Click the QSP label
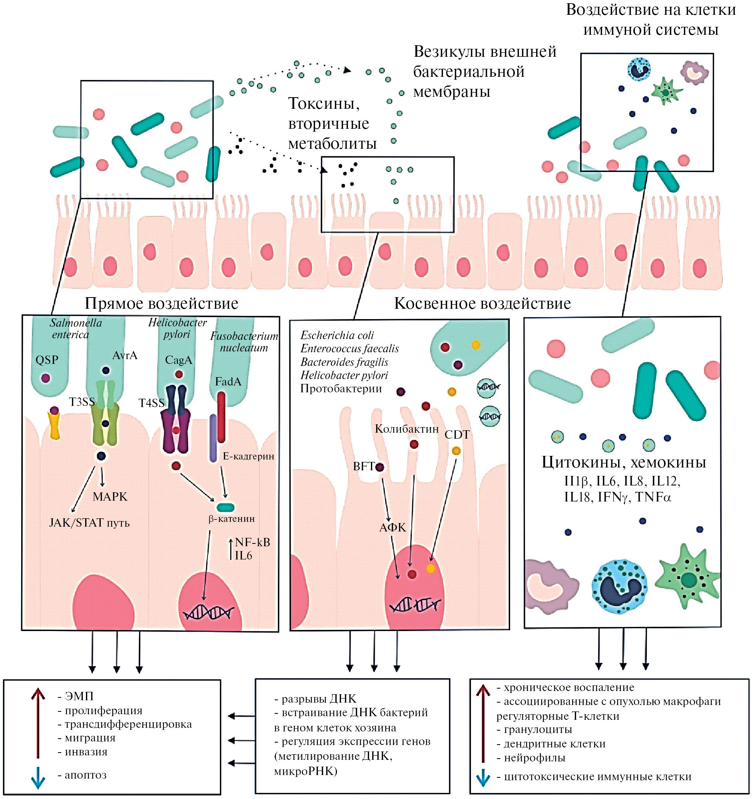click(x=47, y=360)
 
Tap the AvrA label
click(x=125, y=356)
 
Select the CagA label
click(x=178, y=360)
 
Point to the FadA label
click(x=228, y=382)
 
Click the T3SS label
click(x=82, y=402)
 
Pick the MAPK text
click(x=110, y=497)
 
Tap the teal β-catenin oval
click(x=225, y=507)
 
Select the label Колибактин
click(x=406, y=429)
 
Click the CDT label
click(x=457, y=435)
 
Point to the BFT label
click(x=364, y=466)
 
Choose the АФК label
click(x=393, y=528)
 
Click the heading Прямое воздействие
click(x=161, y=304)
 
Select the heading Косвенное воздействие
click(x=482, y=304)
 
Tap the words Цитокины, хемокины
click(x=623, y=462)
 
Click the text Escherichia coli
click(x=337, y=336)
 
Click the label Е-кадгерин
click(x=248, y=456)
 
